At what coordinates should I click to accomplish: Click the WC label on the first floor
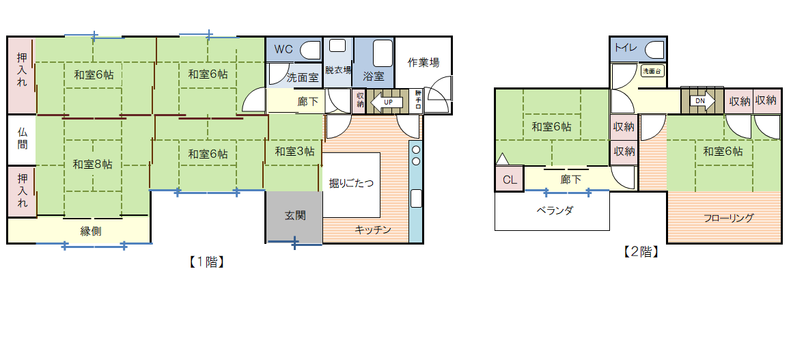coord(283,49)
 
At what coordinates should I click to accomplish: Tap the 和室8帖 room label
coord(93,164)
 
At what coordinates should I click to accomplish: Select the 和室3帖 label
coord(294,152)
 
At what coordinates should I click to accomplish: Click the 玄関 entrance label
coord(294,215)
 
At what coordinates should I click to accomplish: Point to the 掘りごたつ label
coord(351,182)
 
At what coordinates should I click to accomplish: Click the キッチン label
coord(373,230)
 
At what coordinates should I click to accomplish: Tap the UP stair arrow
coord(385,102)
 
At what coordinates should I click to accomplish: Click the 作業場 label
coord(424,62)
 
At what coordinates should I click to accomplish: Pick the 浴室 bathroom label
coord(374,76)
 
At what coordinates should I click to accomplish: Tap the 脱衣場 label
coord(338,70)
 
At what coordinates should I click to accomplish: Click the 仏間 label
coord(23,139)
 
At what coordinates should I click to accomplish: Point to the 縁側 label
coord(91,231)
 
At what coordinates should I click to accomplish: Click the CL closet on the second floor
coord(510,180)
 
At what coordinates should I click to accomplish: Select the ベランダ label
coord(554,210)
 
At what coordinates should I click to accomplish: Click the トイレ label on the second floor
coord(625,48)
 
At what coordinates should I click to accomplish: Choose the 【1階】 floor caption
coord(207,262)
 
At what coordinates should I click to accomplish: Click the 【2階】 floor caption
coord(640,252)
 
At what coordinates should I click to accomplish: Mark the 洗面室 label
coord(303,77)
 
